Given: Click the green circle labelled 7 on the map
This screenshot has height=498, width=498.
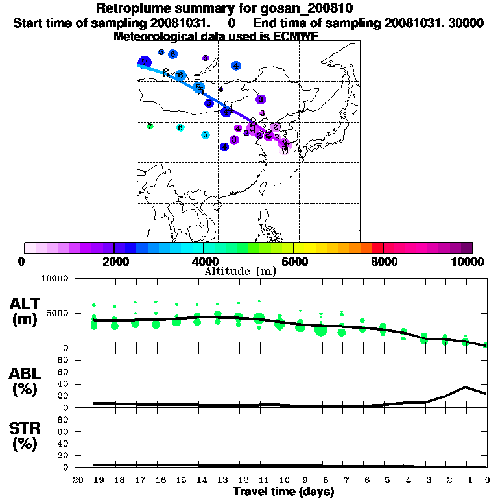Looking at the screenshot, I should [x=150, y=126].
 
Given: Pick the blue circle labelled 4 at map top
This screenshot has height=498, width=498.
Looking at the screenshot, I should [x=236, y=65].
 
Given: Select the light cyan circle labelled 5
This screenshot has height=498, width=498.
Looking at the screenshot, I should [x=205, y=135].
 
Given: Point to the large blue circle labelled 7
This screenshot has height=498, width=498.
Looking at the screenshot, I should [x=145, y=62].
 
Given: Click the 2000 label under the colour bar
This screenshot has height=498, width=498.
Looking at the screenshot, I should [x=114, y=261].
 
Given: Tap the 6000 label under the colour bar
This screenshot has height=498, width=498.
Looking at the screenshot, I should [x=294, y=261].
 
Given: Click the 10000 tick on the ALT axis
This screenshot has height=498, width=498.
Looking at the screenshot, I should [x=55, y=279].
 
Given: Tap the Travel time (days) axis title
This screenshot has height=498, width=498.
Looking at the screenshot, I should [x=283, y=492].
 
